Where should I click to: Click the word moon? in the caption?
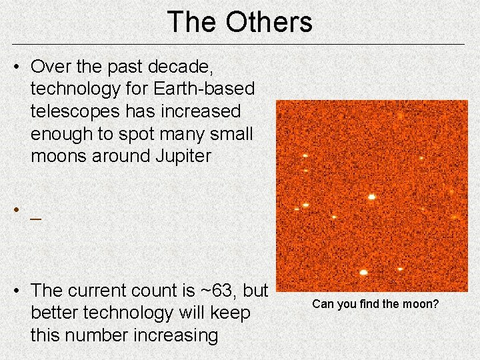tap(420, 304)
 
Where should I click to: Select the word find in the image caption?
tap(369, 304)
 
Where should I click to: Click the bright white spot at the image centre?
tap(371, 196)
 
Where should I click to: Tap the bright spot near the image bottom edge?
tap(363, 272)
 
